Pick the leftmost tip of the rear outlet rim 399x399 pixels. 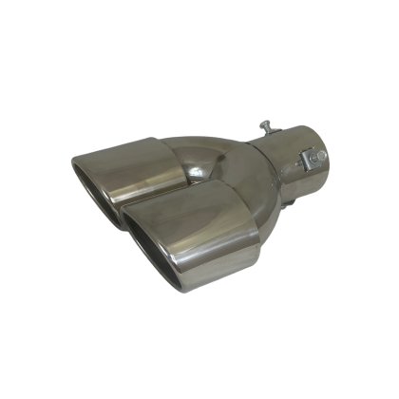pos(71,169)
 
